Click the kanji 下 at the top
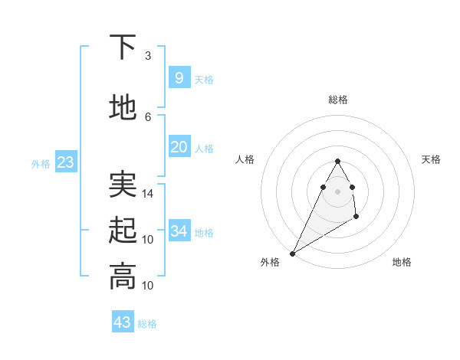point(123,48)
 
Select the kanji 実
point(123,185)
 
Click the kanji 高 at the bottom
point(123,277)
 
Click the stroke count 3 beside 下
point(148,56)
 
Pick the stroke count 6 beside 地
point(148,116)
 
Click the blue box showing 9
point(179,77)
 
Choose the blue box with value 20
point(179,147)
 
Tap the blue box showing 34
point(179,231)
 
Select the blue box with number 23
point(65,162)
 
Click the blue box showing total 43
point(123,322)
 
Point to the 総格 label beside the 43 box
point(148,324)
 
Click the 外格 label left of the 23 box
point(41,163)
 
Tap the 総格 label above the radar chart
point(338,100)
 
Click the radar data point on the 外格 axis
point(292,254)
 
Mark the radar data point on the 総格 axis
point(337,161)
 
